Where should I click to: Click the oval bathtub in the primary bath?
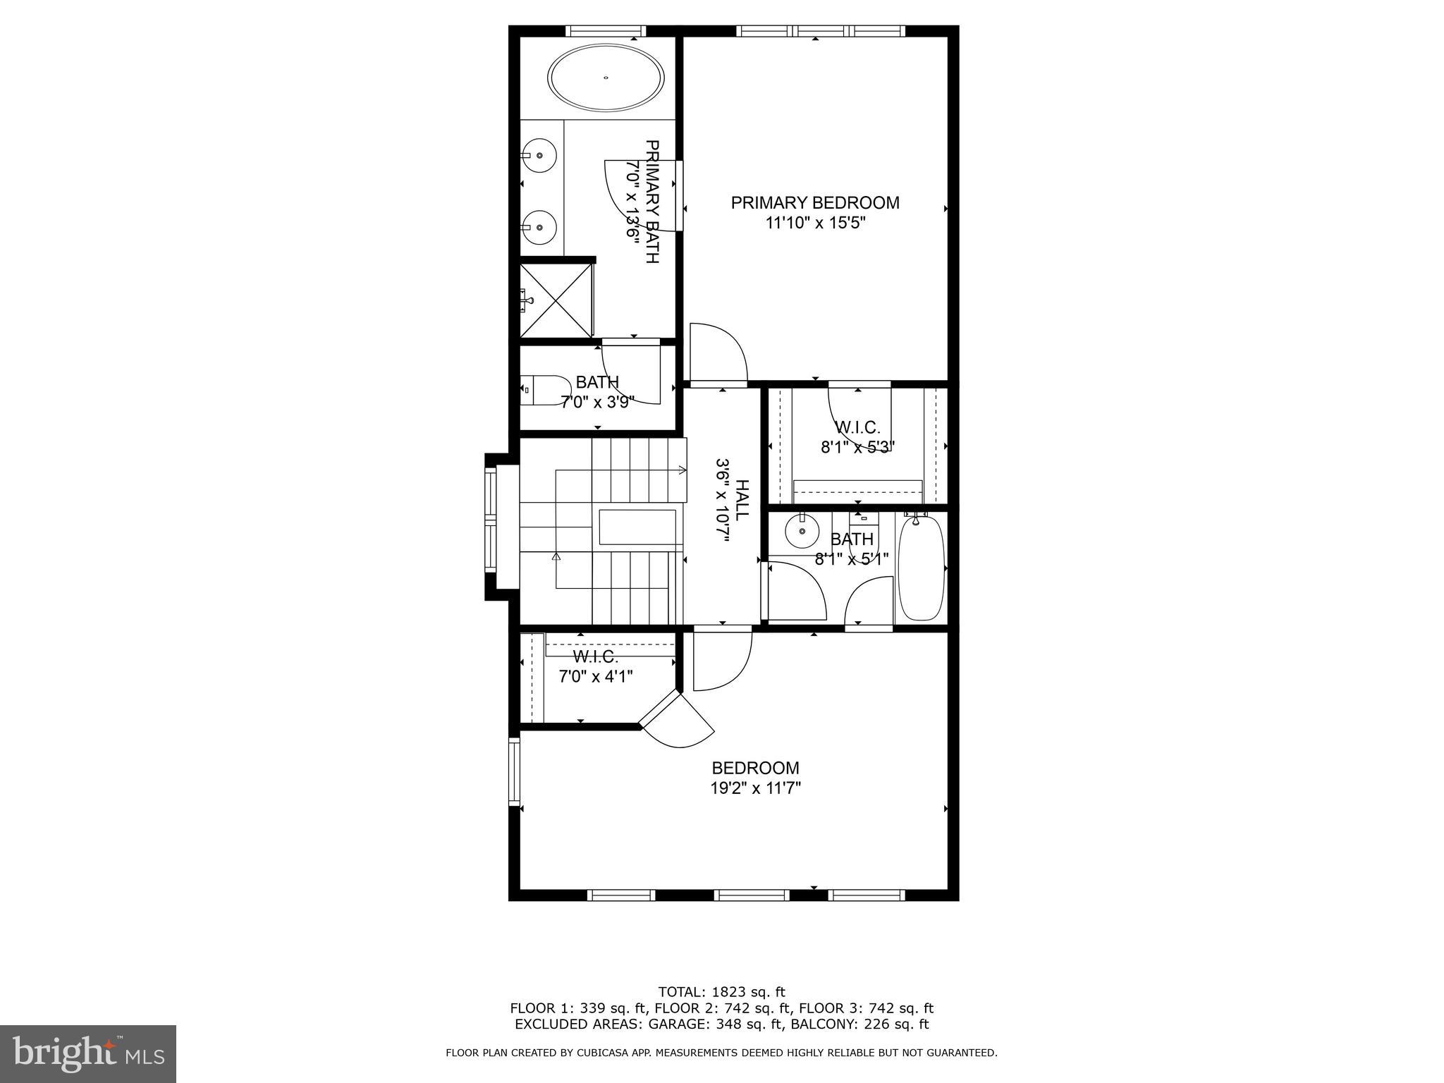(x=606, y=78)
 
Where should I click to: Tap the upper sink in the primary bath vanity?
(x=539, y=155)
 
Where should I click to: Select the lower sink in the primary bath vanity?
(x=539, y=227)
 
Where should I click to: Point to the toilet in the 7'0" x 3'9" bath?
(x=546, y=390)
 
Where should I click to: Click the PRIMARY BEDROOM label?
(x=815, y=203)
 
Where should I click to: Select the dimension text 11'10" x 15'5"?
(x=815, y=224)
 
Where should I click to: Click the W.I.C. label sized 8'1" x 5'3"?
(x=857, y=427)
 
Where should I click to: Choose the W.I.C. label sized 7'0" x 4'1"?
(x=596, y=657)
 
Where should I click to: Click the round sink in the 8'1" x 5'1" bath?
(x=802, y=531)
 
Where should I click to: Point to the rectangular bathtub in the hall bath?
(x=921, y=568)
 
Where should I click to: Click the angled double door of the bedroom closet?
(x=677, y=721)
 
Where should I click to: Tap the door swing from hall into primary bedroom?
(x=718, y=353)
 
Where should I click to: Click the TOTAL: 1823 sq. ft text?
(x=721, y=992)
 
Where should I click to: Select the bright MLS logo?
(x=88, y=1053)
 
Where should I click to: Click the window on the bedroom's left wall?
(x=514, y=771)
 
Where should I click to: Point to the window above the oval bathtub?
(x=606, y=31)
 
